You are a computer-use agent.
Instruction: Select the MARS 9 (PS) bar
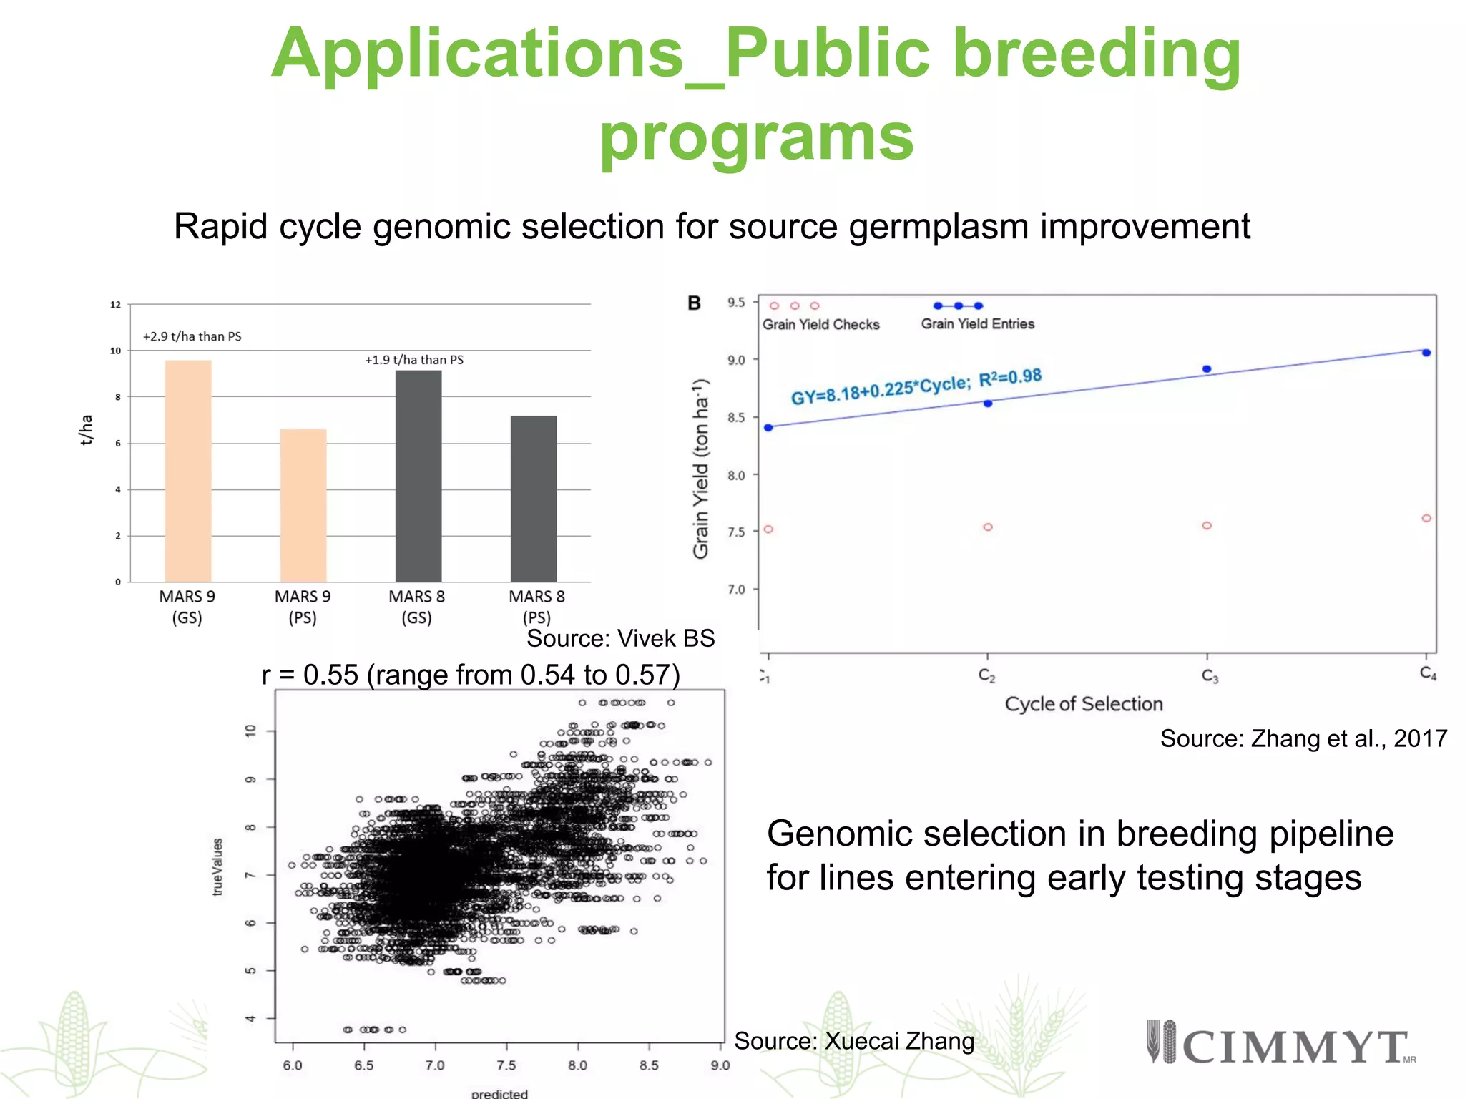(303, 505)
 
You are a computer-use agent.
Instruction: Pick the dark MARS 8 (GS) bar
(418, 476)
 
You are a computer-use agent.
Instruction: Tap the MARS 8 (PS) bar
(534, 499)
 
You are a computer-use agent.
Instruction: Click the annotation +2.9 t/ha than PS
(192, 336)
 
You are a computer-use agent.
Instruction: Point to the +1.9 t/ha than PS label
(414, 360)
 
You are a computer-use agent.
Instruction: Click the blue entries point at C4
(1426, 353)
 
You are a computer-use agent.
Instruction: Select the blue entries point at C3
(1207, 369)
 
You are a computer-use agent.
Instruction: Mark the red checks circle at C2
(988, 527)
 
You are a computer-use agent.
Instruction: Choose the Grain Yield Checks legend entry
(820, 324)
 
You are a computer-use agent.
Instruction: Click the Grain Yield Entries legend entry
(977, 323)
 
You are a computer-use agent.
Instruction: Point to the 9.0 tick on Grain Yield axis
(737, 360)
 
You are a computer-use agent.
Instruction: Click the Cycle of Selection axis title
(1083, 704)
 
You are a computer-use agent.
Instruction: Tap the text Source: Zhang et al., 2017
(1303, 738)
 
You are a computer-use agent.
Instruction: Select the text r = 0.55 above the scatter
(310, 675)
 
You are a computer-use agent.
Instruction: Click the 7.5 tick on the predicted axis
(506, 1065)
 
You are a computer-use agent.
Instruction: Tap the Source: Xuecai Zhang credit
(854, 1041)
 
